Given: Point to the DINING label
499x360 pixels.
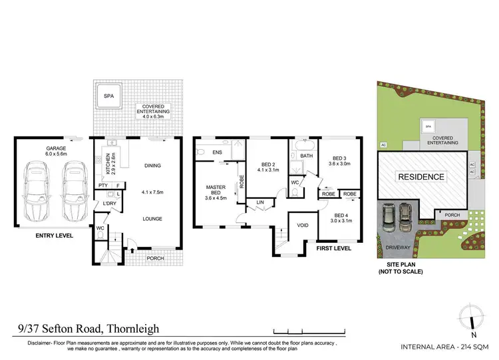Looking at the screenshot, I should [x=152, y=166].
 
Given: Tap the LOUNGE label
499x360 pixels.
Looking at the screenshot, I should [x=152, y=218].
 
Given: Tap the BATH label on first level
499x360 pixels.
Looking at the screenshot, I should [x=306, y=156].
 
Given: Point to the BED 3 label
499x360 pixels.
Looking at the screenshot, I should [x=339, y=160].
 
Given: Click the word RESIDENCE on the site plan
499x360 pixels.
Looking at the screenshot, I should [x=420, y=177].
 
